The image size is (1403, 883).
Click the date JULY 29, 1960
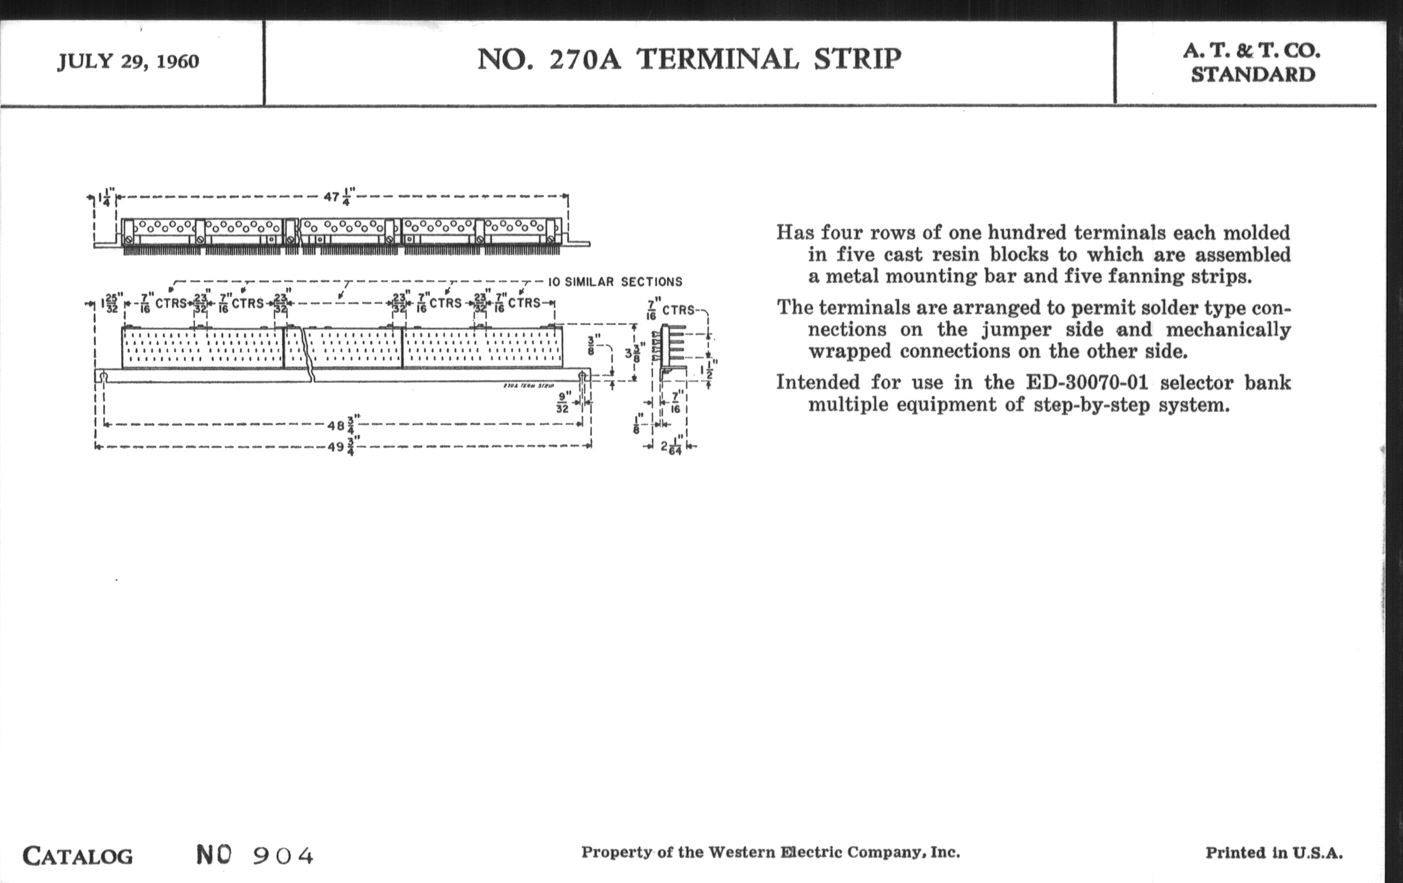[128, 61]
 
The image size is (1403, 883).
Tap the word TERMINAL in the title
[718, 59]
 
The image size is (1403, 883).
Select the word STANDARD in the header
[1252, 74]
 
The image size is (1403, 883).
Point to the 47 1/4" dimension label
[340, 196]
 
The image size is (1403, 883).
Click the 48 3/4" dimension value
[344, 424]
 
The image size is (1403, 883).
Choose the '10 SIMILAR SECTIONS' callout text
[616, 282]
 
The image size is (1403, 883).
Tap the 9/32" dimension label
[564, 402]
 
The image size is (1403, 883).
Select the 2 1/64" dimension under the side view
[671, 447]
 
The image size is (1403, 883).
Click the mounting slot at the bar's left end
[103, 376]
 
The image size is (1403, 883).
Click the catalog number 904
[283, 856]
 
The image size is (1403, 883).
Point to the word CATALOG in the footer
[77, 856]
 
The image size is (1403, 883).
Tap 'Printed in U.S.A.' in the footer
[1274, 852]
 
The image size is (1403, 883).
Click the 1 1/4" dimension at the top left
[106, 197]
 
